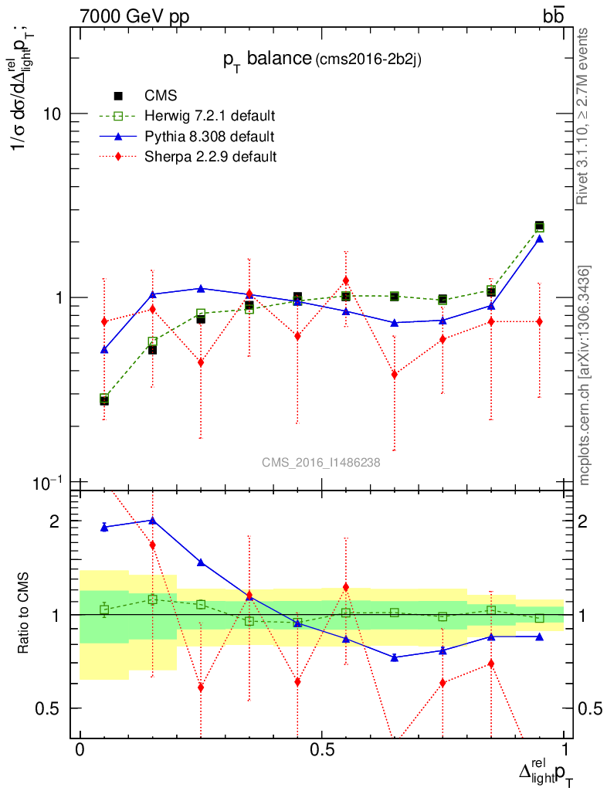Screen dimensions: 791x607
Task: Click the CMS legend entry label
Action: click(x=161, y=96)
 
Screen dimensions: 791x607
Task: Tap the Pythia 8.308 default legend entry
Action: click(x=209, y=137)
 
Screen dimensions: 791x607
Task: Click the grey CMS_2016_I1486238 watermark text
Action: click(x=320, y=463)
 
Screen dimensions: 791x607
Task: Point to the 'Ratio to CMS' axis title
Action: click(x=25, y=615)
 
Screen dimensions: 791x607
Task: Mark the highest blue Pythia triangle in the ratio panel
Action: click(x=152, y=521)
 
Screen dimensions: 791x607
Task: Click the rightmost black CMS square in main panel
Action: click(x=539, y=226)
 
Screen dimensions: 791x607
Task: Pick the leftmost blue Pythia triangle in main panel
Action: click(x=104, y=350)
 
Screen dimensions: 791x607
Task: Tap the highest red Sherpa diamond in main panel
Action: click(x=346, y=280)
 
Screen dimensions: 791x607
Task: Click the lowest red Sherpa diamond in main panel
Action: click(x=394, y=375)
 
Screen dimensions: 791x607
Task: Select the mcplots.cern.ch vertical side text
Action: click(x=585, y=375)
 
